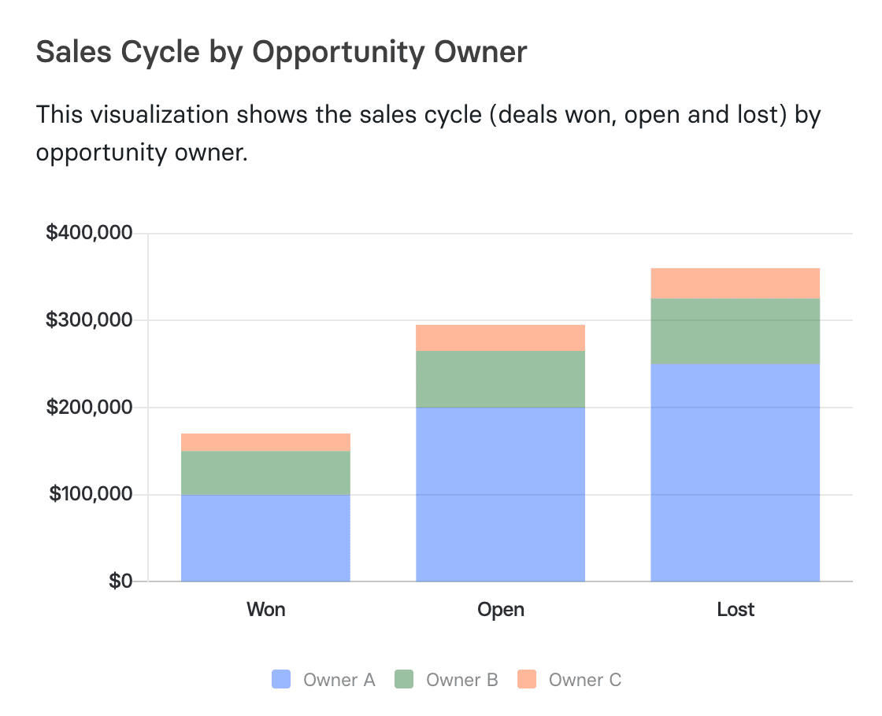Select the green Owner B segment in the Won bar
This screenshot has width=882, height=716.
(265, 473)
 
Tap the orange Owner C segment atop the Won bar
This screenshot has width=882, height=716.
(265, 442)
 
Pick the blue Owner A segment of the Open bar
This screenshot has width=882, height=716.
(500, 494)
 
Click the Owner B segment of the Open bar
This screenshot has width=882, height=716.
(500, 378)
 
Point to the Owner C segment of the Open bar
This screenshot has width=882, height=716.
(500, 338)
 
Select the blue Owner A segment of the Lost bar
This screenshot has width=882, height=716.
(735, 472)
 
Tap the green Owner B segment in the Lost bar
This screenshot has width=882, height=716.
(735, 330)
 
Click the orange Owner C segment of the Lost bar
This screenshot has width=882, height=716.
(735, 283)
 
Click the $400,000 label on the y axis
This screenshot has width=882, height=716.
(88, 234)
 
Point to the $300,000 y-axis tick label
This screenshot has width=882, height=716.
(88, 320)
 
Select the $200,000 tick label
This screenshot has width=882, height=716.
(88, 408)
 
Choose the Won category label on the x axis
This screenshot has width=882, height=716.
(265, 610)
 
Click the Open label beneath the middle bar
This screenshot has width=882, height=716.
(500, 610)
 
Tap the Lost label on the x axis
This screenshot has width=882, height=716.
(736, 610)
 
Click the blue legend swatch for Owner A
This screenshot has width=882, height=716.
(281, 680)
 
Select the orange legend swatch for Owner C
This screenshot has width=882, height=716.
(527, 680)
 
